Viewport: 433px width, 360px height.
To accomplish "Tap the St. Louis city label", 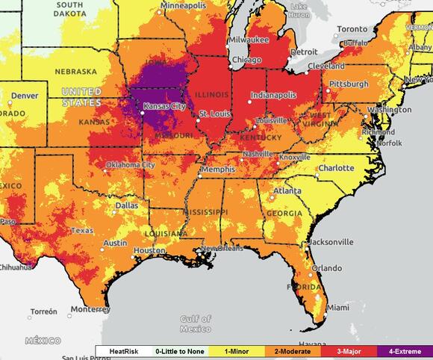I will coord(214,113).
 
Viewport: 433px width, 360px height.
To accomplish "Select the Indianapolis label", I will coord(272,96).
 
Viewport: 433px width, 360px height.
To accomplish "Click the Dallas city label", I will coord(126,204).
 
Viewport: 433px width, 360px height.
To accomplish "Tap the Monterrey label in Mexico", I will coord(90,308).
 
